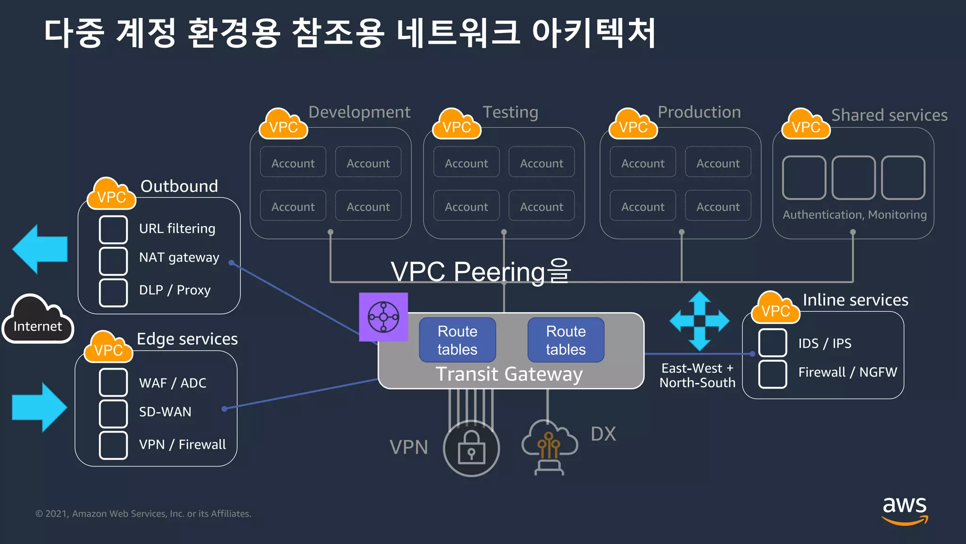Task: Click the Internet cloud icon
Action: [38, 320]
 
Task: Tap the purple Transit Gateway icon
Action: [383, 317]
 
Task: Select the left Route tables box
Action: [457, 340]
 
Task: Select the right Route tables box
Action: [566, 340]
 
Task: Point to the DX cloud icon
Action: [549, 444]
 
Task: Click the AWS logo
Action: [904, 510]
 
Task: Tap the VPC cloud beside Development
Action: [283, 124]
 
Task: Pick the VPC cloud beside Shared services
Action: [806, 124]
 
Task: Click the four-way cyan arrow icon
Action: [700, 321]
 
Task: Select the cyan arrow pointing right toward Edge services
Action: [40, 407]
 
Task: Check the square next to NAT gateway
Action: [113, 261]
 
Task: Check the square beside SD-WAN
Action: [113, 413]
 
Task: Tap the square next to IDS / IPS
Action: [772, 343]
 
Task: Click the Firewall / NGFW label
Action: [847, 372]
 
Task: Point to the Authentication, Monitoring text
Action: [854, 215]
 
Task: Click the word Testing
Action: [510, 112]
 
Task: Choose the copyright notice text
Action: [143, 514]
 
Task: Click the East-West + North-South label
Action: [697, 375]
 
